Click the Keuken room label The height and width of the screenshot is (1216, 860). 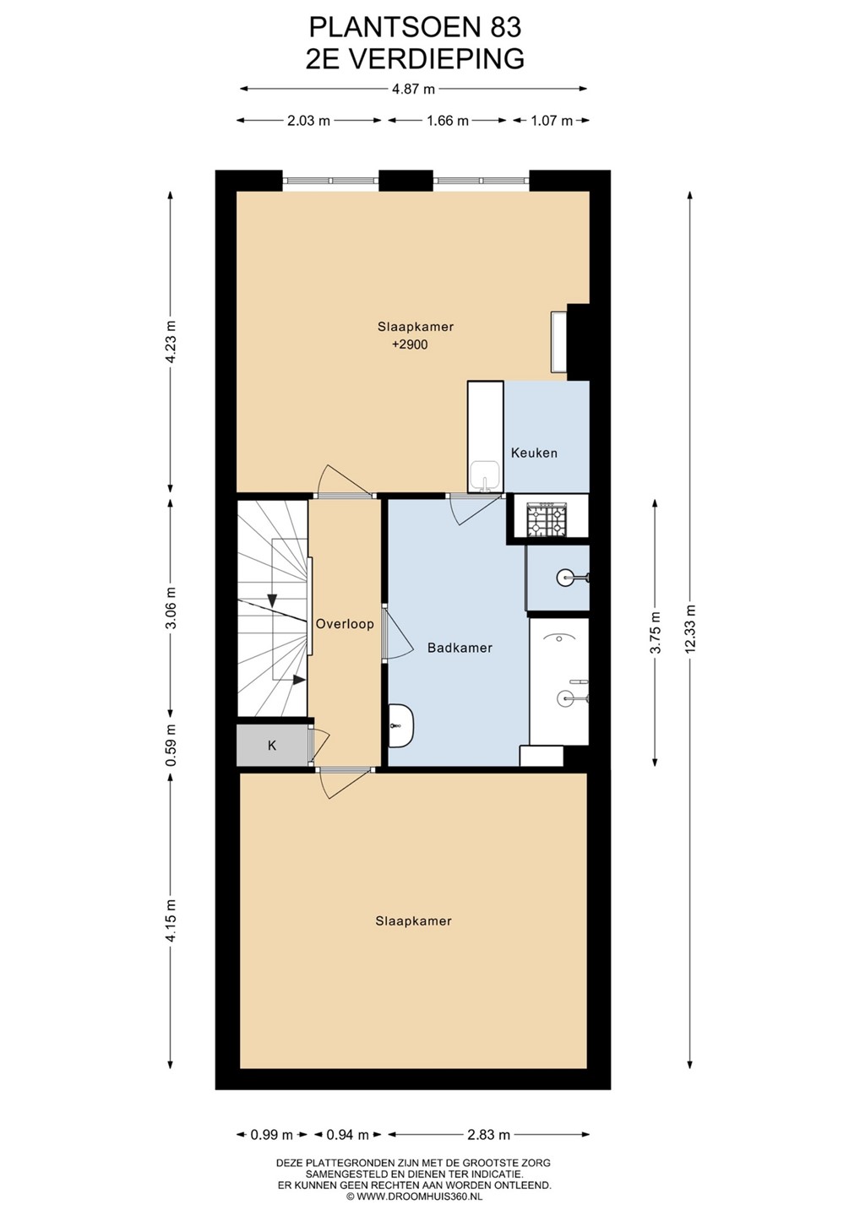534,453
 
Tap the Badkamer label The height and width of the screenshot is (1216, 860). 460,648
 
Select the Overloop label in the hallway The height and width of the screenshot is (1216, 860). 345,624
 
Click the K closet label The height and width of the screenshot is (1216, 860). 272,746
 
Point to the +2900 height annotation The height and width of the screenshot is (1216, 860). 410,345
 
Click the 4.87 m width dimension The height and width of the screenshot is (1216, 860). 414,89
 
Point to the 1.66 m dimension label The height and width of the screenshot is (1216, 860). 448,121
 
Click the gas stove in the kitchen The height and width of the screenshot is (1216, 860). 547,520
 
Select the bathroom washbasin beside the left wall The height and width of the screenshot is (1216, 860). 401,725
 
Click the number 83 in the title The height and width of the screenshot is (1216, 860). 507,28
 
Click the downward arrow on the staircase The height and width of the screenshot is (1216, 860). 272,601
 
